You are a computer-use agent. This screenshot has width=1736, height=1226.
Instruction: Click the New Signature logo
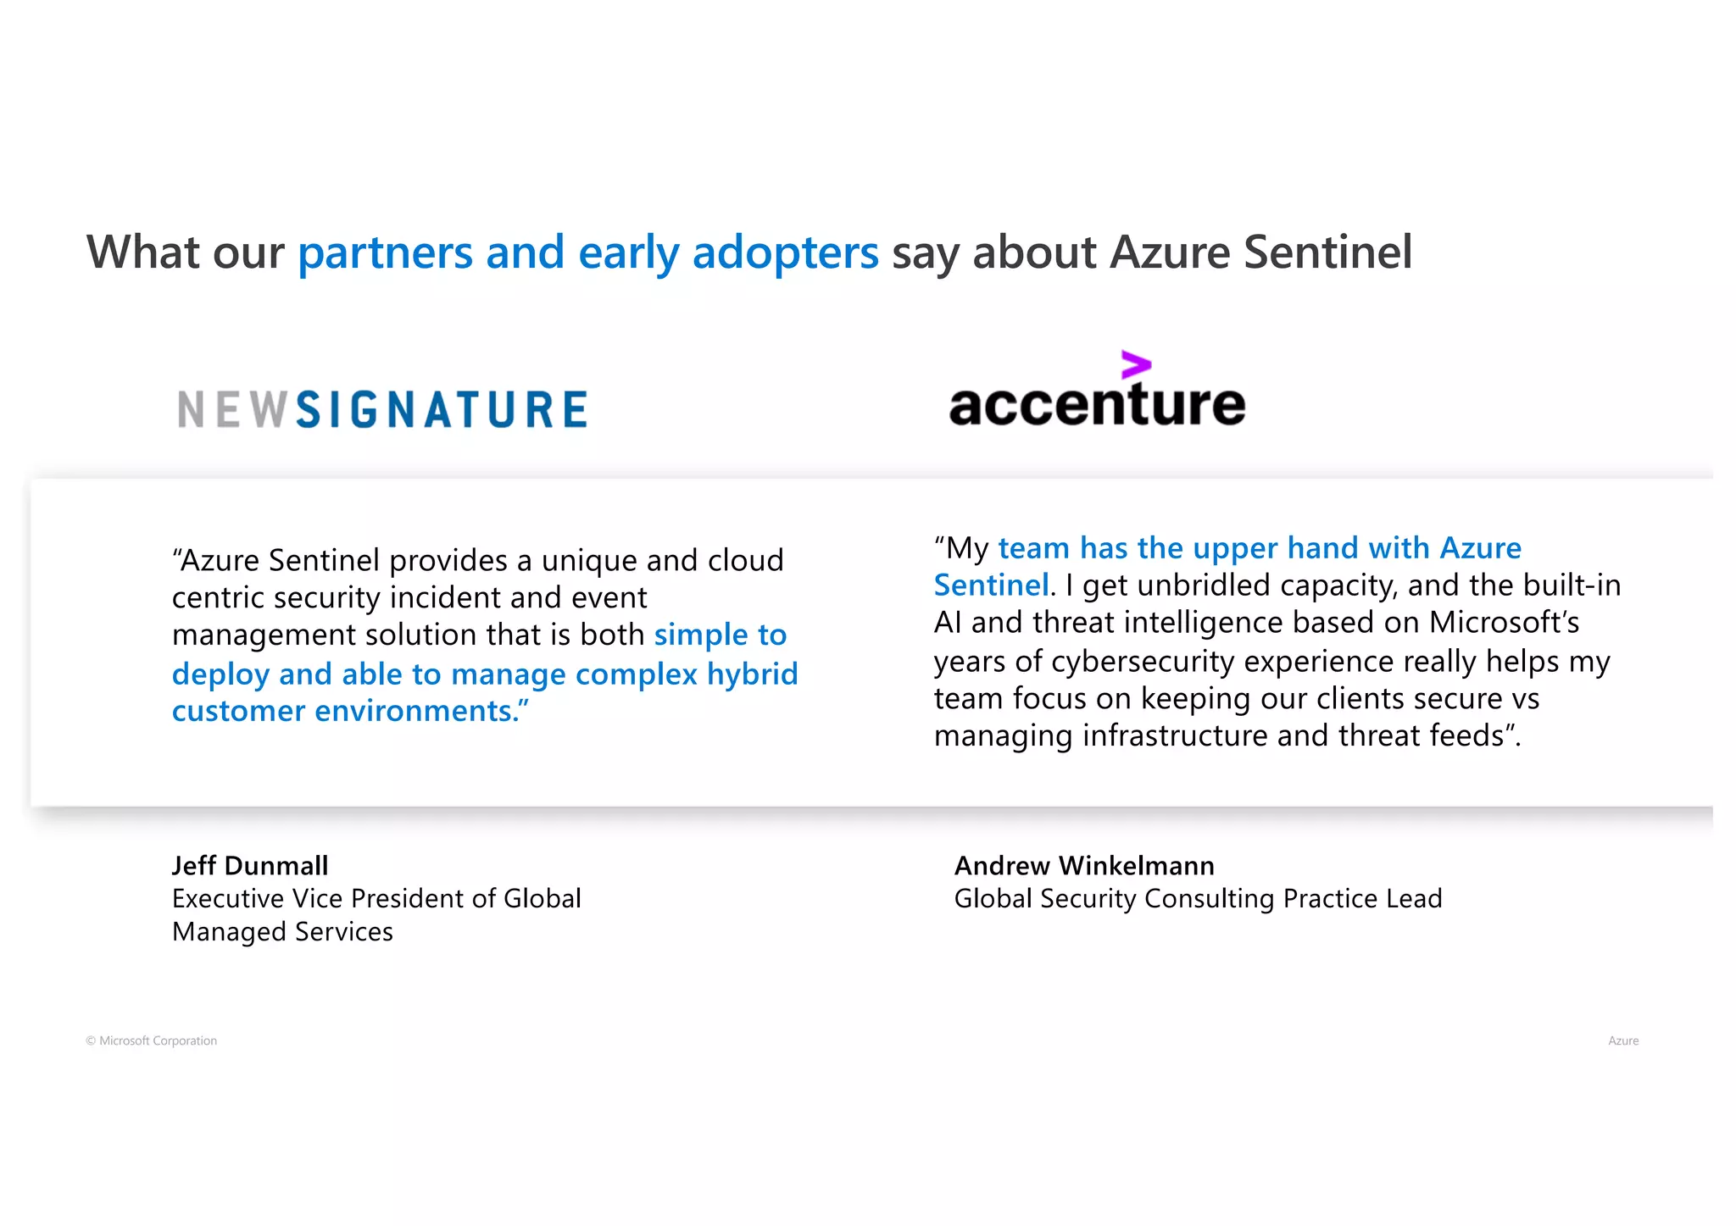[x=382, y=409]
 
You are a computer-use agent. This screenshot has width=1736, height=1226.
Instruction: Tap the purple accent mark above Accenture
[x=1136, y=365]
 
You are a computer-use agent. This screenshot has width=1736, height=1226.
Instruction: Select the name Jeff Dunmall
[x=250, y=865]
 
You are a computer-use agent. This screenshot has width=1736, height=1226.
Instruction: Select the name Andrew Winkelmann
[x=1084, y=865]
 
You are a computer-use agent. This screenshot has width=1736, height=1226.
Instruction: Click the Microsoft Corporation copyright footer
[x=152, y=1040]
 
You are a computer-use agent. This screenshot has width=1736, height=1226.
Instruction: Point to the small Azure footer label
[x=1622, y=1040]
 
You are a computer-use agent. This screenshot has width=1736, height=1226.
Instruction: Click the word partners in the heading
[x=385, y=252]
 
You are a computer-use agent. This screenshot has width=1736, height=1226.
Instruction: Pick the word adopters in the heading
[x=785, y=252]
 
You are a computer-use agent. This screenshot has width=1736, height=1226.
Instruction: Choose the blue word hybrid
[x=753, y=674]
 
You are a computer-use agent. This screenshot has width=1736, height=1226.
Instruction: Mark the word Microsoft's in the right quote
[x=1504, y=623]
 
